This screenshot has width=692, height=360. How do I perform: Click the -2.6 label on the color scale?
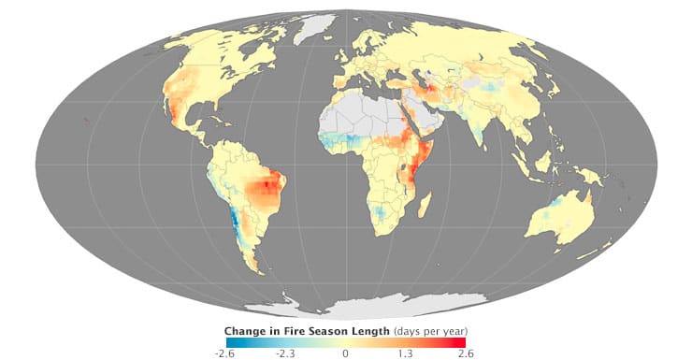[x=223, y=353]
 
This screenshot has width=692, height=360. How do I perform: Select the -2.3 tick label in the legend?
[x=285, y=353]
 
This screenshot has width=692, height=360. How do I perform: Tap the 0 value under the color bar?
[x=346, y=353]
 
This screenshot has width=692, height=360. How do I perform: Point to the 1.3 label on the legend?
[x=406, y=353]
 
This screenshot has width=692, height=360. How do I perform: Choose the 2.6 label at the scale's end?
[x=466, y=353]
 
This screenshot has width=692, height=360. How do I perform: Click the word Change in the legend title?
[x=247, y=331]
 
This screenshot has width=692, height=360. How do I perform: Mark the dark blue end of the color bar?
[x=230, y=342]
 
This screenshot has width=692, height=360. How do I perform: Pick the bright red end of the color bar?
[x=462, y=342]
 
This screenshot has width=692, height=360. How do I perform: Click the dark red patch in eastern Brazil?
[x=271, y=186]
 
